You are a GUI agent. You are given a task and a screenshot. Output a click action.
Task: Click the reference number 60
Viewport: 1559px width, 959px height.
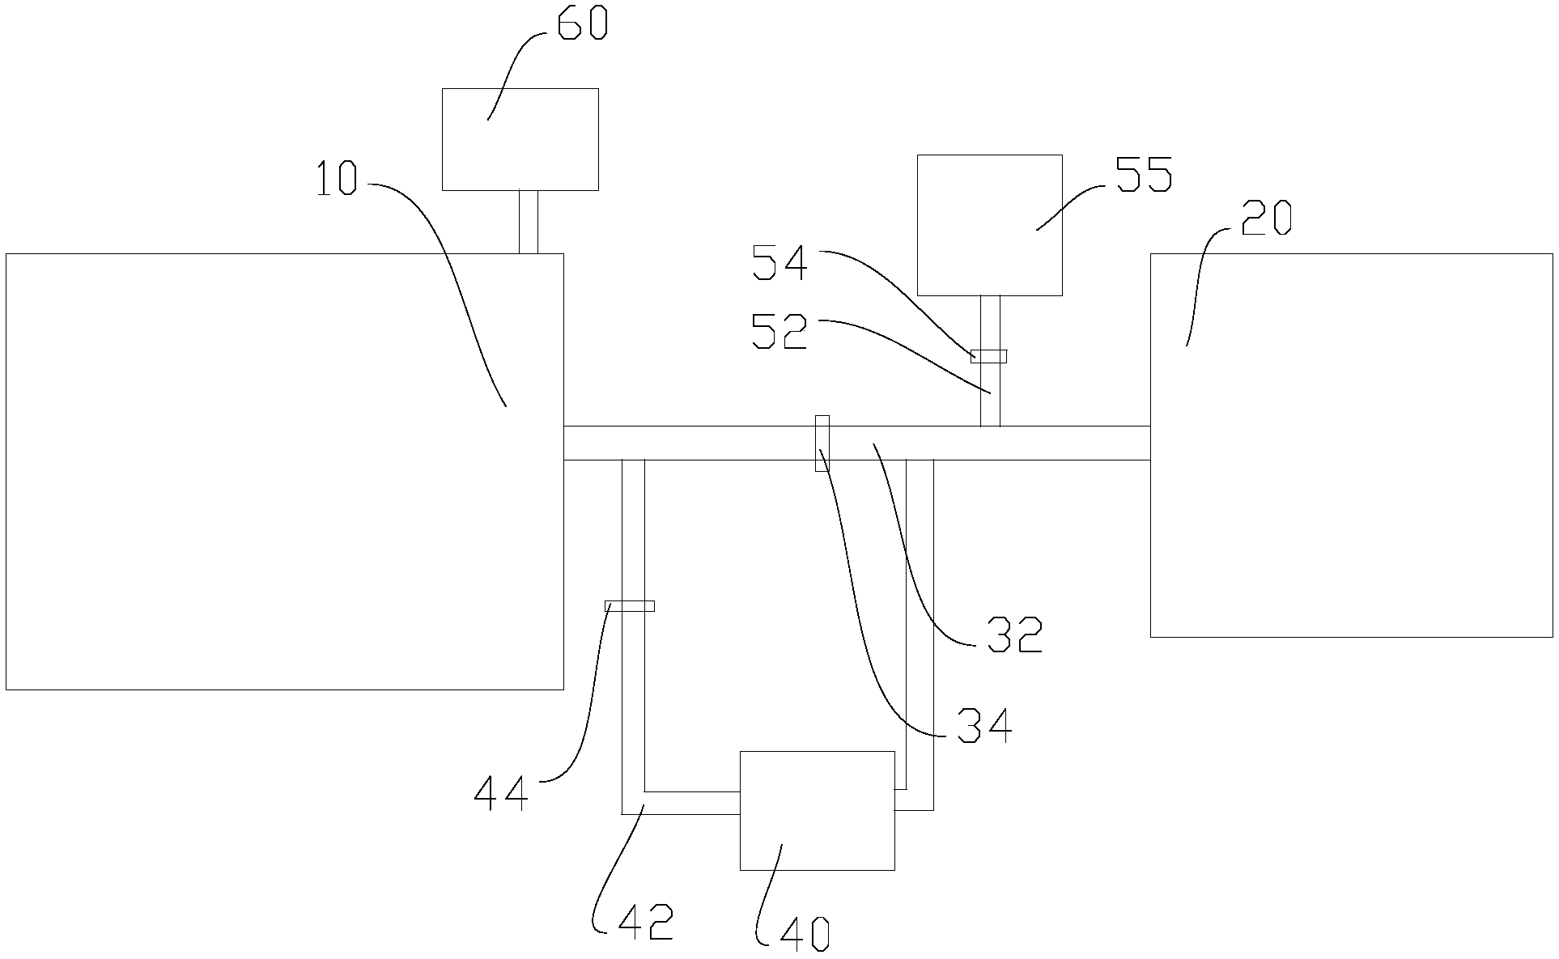pos(581,24)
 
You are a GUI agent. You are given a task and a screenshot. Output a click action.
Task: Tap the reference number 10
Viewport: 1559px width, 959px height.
pos(336,179)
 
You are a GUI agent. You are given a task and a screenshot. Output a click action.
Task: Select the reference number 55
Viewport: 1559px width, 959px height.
pos(1144,174)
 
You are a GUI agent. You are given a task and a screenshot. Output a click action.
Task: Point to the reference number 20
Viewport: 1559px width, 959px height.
pos(1267,218)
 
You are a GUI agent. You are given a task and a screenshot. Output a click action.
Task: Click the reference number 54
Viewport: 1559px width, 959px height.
pos(779,264)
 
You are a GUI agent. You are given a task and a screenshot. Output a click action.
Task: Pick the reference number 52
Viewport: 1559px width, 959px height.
pos(779,332)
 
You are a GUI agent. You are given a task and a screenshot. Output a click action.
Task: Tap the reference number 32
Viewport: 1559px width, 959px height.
pos(1013,635)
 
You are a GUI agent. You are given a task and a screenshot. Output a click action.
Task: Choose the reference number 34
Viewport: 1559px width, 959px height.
pos(983,725)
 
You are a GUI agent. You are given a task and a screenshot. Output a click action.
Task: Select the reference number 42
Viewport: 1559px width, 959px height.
pos(644,923)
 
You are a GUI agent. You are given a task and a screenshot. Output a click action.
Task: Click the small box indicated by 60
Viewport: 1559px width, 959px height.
pos(520,139)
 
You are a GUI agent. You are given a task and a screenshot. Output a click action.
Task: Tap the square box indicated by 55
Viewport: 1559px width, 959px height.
pos(989,224)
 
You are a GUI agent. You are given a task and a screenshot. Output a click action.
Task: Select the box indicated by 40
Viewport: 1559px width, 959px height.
pos(817,810)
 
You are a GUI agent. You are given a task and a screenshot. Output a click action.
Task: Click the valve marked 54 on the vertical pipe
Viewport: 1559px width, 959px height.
pos(989,356)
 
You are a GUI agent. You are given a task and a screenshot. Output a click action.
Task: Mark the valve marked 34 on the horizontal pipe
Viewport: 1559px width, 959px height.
pos(822,443)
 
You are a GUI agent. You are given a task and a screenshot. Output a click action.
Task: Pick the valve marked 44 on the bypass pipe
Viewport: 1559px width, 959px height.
pos(630,605)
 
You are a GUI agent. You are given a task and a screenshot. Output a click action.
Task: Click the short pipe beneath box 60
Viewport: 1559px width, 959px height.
pos(528,222)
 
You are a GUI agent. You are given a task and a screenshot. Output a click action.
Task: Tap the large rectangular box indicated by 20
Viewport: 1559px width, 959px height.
pos(1351,445)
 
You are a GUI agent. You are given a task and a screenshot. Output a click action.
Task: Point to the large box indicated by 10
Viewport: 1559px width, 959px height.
pos(284,471)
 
